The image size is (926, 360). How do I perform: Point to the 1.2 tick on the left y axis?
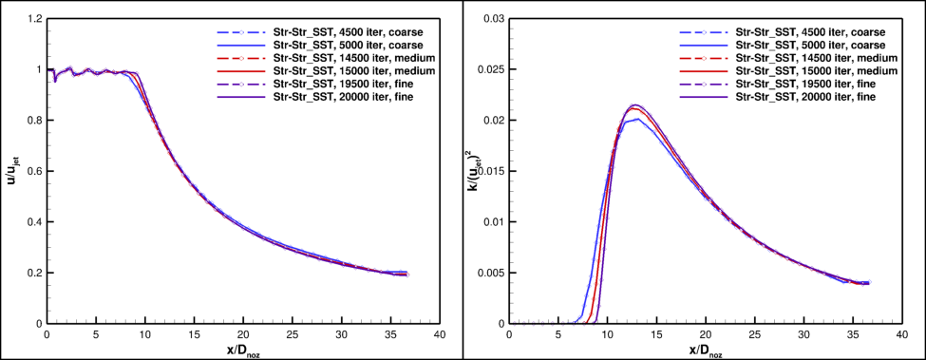[x=34, y=19]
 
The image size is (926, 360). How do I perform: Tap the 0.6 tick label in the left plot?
[x=34, y=171]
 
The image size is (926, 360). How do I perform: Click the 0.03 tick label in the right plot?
[x=493, y=19]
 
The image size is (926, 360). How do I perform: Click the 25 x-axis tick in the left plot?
[x=292, y=335]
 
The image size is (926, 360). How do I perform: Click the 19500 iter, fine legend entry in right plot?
[x=811, y=84]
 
